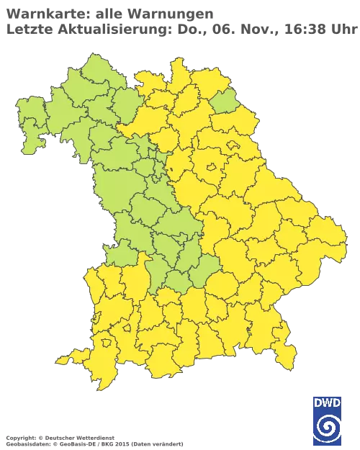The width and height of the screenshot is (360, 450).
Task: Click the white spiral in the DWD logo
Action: click(327, 430)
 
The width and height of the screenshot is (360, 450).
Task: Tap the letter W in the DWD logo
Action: click(327, 403)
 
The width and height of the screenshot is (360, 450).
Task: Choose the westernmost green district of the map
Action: click(27, 122)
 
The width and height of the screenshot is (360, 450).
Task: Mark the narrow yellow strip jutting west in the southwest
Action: click(68, 359)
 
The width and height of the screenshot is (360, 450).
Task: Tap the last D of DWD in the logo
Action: click(337, 403)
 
